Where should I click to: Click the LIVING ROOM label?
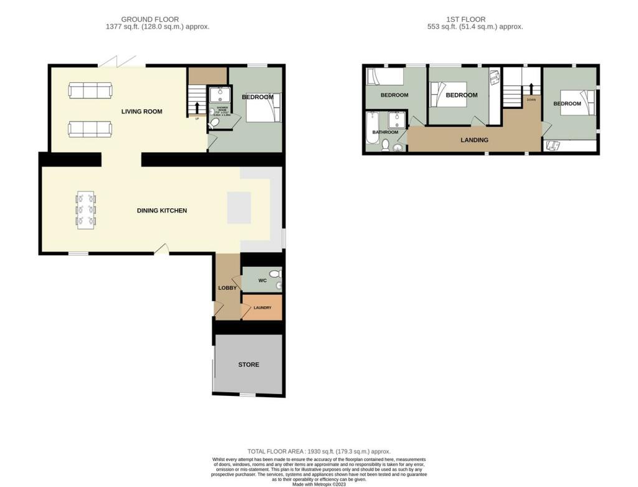click(x=141, y=112)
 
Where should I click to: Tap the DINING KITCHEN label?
click(x=162, y=211)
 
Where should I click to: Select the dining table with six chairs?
click(x=87, y=211)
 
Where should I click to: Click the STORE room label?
click(x=249, y=365)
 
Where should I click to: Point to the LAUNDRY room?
click(x=262, y=307)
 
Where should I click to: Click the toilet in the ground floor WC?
click(x=277, y=274)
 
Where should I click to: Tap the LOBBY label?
click(x=227, y=287)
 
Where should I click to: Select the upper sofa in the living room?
click(x=90, y=92)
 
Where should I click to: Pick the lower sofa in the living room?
click(x=90, y=129)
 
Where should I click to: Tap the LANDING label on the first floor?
click(x=474, y=140)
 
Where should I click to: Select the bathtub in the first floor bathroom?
click(x=372, y=132)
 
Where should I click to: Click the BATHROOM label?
click(x=385, y=132)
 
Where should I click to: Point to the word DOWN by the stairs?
click(x=531, y=100)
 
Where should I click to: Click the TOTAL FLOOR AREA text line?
click(x=319, y=451)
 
